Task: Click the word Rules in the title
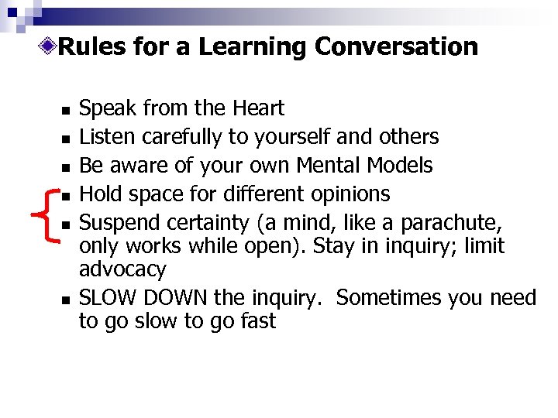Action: (x=92, y=47)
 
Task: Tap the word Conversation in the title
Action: (x=396, y=47)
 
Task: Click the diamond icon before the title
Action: (x=50, y=46)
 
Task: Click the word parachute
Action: (x=461, y=222)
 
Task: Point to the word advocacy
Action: (x=122, y=270)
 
